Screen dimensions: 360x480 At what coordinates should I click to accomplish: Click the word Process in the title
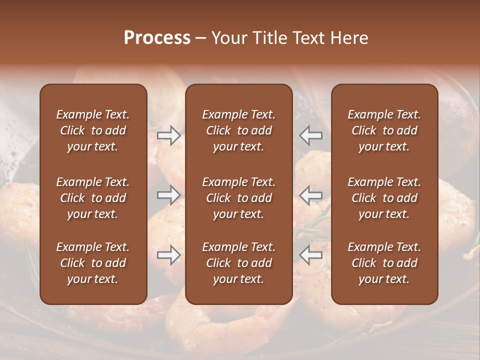point(157,38)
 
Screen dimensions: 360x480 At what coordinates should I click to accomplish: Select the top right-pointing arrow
point(169,135)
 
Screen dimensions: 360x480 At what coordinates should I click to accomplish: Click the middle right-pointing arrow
point(169,195)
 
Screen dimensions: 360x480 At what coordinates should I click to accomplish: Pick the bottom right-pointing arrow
point(169,255)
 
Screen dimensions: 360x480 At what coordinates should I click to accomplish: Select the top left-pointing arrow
point(311,135)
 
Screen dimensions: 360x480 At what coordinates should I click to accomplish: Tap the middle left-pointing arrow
point(311,195)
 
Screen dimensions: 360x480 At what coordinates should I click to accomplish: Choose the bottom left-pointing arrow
point(311,255)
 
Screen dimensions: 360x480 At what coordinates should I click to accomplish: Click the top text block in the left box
point(93,130)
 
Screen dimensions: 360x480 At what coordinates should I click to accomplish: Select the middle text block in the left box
point(93,198)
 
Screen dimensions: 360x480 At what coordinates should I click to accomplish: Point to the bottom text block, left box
point(93,263)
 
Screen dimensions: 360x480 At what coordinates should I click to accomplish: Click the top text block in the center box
point(239,130)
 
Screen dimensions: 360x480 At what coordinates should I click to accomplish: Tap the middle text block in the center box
point(239,198)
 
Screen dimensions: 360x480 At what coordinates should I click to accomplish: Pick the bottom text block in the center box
point(239,263)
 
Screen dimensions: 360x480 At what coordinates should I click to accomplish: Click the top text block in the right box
point(384,130)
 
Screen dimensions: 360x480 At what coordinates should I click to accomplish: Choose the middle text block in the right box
point(384,198)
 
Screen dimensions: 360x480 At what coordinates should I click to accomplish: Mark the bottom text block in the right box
point(384,263)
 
